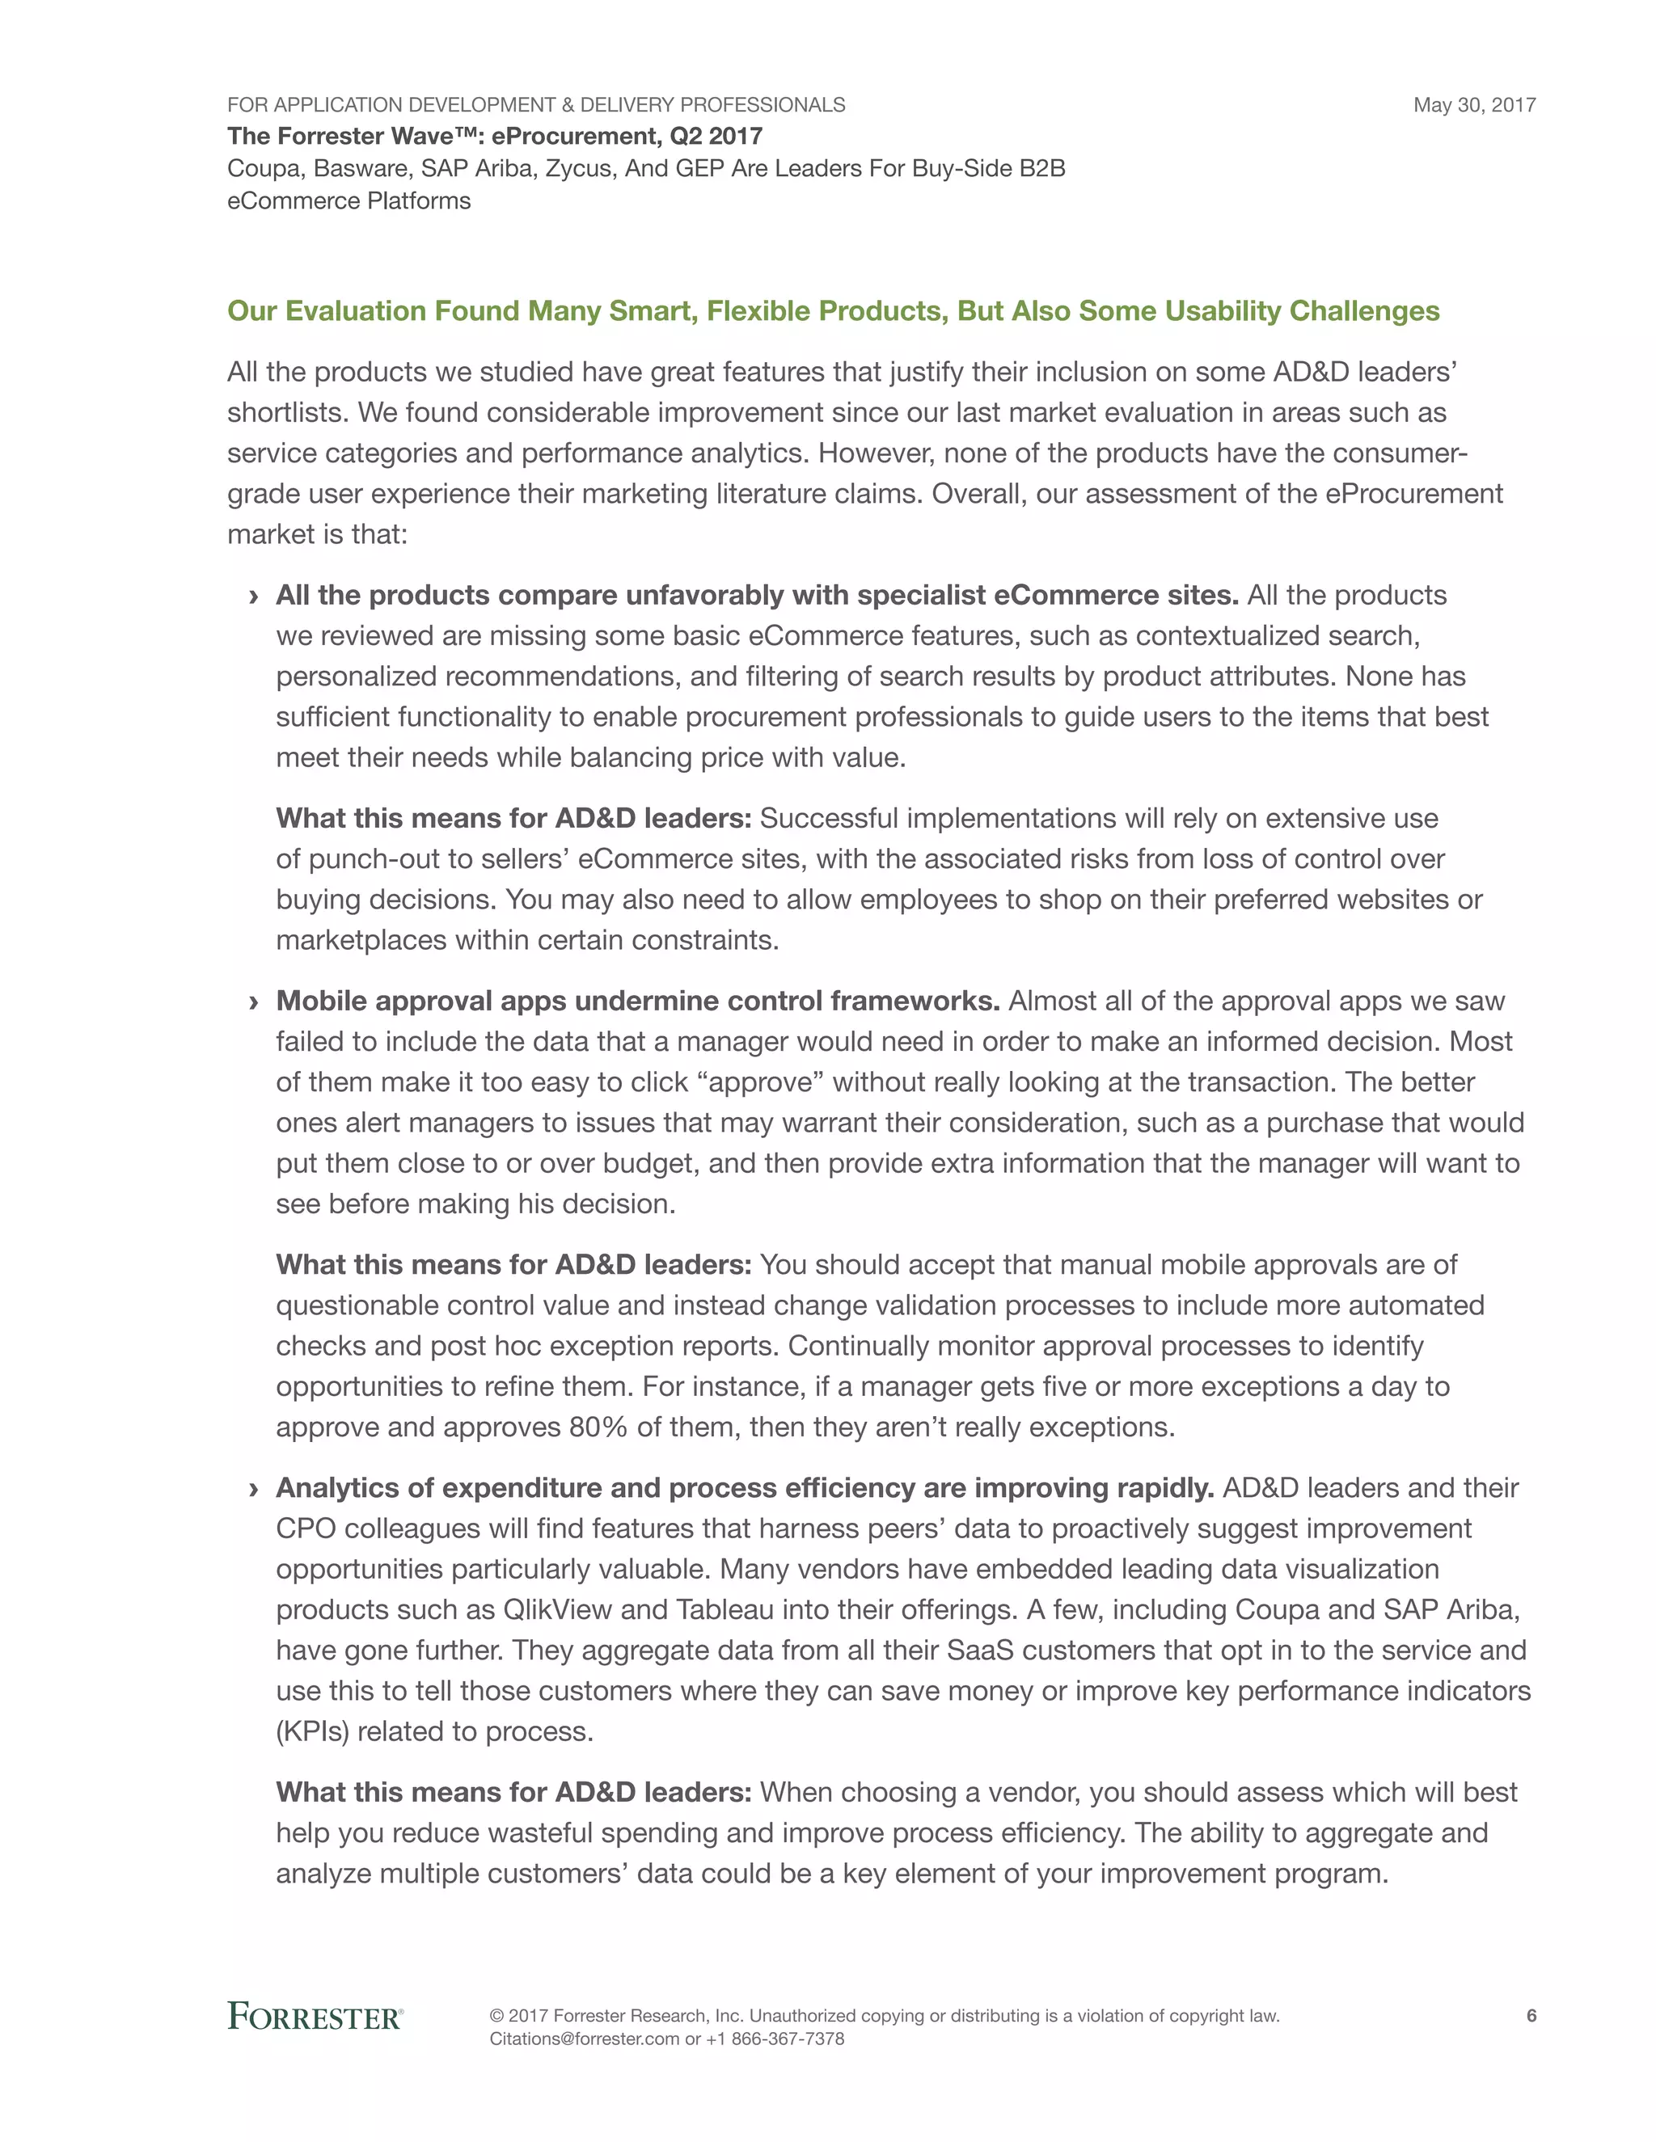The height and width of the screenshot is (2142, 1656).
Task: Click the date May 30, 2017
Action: tap(1473, 105)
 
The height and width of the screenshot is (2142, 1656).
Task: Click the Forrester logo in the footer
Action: tap(315, 2017)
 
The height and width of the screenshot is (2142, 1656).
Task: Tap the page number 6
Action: tap(1531, 2015)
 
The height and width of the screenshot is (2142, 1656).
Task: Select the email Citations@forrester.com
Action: tap(584, 2039)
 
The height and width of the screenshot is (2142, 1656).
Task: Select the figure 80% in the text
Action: tap(598, 1427)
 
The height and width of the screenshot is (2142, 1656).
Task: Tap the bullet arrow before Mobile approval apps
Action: tap(254, 1002)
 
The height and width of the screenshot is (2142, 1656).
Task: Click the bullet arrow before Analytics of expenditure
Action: tap(254, 1489)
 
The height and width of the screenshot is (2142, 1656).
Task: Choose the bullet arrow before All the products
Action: tap(254, 597)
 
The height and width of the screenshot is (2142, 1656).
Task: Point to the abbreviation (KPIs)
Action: tap(312, 1731)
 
